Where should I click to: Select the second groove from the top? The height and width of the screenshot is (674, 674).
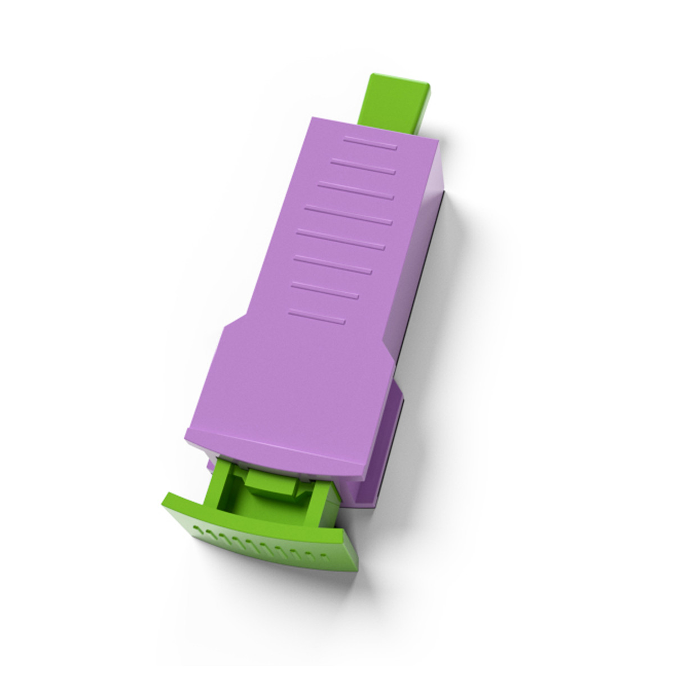click(363, 166)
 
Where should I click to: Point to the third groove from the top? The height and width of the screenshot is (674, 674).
click(355, 189)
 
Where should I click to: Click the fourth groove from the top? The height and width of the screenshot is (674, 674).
click(348, 215)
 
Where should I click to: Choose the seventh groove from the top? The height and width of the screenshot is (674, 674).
click(325, 290)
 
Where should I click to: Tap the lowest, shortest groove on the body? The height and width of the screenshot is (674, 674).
click(316, 317)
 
